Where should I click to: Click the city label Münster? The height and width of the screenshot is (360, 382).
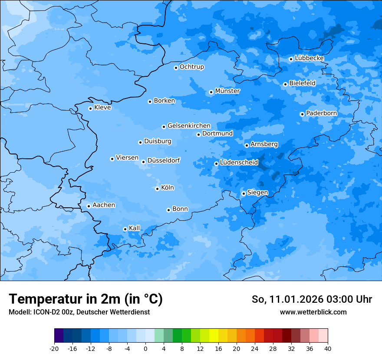pyautogui.click(x=227, y=91)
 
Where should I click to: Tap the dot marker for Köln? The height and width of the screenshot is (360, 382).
pyautogui.click(x=157, y=189)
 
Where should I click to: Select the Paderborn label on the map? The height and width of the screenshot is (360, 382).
pyautogui.click(x=321, y=113)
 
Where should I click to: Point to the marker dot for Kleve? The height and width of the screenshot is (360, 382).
pyautogui.click(x=90, y=108)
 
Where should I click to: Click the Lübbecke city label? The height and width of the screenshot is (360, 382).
pyautogui.click(x=309, y=58)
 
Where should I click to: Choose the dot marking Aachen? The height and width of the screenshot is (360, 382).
pyautogui.click(x=89, y=206)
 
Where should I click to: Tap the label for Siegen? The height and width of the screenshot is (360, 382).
pyautogui.click(x=257, y=193)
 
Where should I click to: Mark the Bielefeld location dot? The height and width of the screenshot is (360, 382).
pyautogui.click(x=285, y=84)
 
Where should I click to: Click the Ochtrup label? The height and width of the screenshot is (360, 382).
pyautogui.click(x=191, y=67)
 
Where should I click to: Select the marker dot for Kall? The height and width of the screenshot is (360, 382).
pyautogui.click(x=125, y=229)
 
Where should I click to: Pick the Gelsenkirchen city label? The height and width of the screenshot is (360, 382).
pyautogui.click(x=189, y=126)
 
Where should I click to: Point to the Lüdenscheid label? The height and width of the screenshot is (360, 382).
pyautogui.click(x=239, y=163)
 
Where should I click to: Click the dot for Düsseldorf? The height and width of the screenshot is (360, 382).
pyautogui.click(x=143, y=162)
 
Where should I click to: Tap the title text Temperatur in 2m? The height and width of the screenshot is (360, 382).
pyautogui.click(x=86, y=299)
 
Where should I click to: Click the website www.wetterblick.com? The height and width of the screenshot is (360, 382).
pyautogui.click(x=313, y=312)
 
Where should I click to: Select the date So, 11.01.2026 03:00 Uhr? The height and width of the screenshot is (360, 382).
pyautogui.click(x=312, y=299)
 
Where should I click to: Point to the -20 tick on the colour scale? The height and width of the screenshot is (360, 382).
pyautogui.click(x=54, y=348)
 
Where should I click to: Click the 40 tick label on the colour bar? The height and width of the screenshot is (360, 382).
pyautogui.click(x=328, y=348)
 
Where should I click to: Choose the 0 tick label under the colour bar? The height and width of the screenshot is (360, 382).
pyautogui.click(x=145, y=348)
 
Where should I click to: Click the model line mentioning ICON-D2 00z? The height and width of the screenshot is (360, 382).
pyautogui.click(x=79, y=312)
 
